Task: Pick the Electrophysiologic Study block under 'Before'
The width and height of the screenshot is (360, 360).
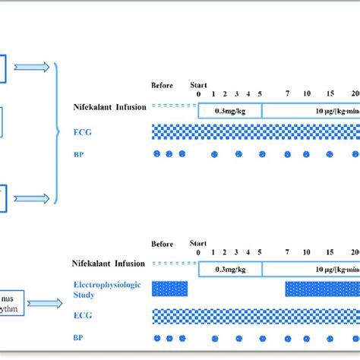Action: coord(169,289)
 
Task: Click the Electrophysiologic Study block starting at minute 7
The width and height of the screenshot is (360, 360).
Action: coord(322,289)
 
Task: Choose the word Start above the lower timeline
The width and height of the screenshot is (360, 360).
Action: coord(197,244)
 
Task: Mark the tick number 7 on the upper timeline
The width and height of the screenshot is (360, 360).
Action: coord(287,93)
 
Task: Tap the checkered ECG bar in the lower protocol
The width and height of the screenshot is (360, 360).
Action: coord(256,315)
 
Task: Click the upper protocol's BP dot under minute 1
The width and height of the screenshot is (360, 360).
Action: coord(214,154)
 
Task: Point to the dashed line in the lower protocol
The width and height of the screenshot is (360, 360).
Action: coord(169,264)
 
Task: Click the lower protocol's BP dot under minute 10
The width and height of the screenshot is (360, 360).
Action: coord(306,338)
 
